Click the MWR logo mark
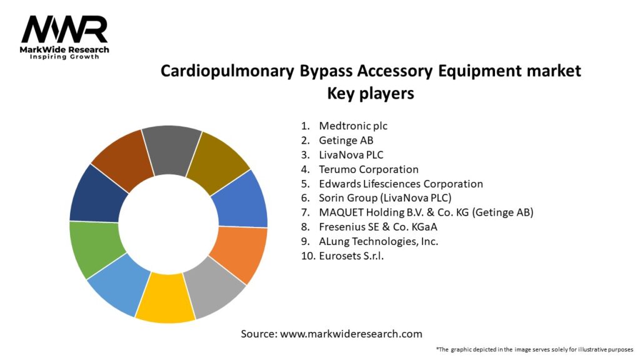pyautogui.click(x=64, y=29)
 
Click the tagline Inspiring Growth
pyautogui.click(x=64, y=57)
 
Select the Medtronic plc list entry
pyautogui.click(x=352, y=126)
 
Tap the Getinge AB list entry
pyautogui.click(x=346, y=140)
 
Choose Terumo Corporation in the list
pyautogui.click(x=368, y=169)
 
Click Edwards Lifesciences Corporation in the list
pyautogui.click(x=401, y=184)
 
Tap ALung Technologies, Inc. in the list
pyautogui.click(x=378, y=241)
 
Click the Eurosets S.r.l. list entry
pyautogui.click(x=351, y=256)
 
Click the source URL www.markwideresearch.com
pyautogui.click(x=351, y=334)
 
